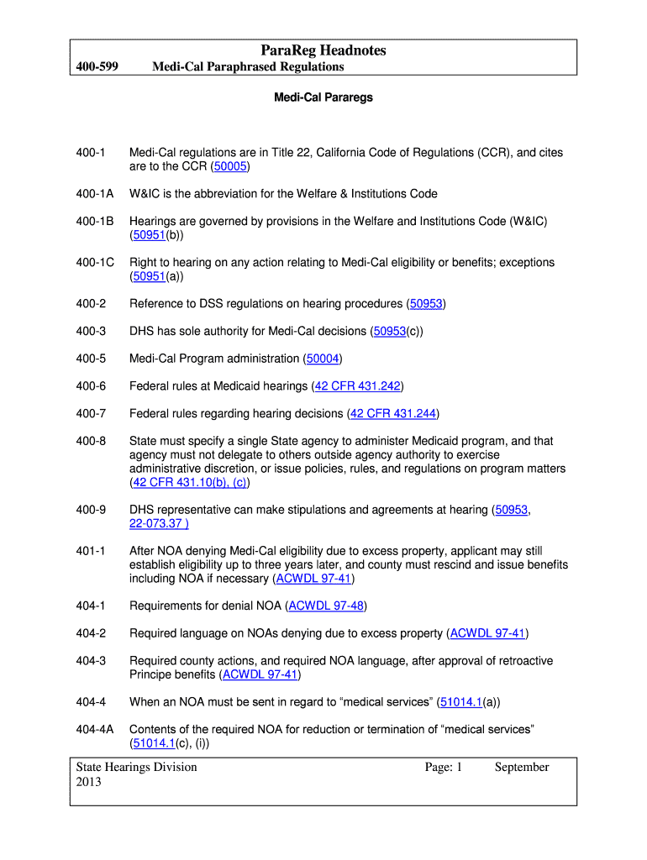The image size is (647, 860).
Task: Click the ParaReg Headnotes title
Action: point(323,50)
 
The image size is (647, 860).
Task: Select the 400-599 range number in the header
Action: point(94,67)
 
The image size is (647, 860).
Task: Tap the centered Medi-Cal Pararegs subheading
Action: point(323,97)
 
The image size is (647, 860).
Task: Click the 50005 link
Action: point(229,166)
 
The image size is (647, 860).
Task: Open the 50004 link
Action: point(323,359)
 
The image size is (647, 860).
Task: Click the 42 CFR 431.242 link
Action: point(358,386)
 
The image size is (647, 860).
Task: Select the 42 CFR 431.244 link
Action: point(393,413)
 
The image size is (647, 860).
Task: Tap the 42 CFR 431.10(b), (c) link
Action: point(189,483)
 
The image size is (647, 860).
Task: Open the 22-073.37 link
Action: point(159,524)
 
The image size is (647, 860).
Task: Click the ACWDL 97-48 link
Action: point(326,606)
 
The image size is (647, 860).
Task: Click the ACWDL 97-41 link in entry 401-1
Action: point(313,579)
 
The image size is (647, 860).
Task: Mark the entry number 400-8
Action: point(91,441)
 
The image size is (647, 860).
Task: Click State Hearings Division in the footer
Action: point(136,767)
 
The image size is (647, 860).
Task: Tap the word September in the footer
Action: point(522,767)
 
